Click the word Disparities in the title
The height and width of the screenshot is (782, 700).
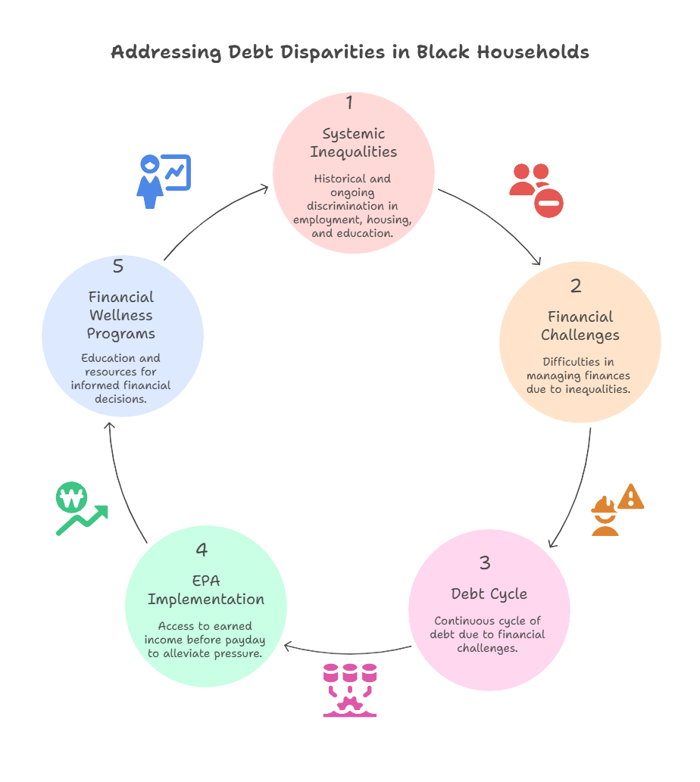(333, 52)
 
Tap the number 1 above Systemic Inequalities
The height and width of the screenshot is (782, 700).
(350, 102)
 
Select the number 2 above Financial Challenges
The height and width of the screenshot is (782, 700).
(576, 285)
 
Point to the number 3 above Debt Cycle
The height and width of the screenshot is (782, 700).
(484, 562)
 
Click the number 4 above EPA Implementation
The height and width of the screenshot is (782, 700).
(201, 550)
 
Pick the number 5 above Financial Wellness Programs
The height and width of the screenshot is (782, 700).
(117, 266)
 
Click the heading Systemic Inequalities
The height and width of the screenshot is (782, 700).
(353, 142)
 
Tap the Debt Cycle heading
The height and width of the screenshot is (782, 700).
(489, 594)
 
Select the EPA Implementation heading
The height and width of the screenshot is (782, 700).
(205, 590)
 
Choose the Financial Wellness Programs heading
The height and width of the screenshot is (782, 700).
(120, 315)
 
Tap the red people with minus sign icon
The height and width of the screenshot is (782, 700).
(536, 191)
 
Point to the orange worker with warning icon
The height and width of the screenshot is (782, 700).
(617, 509)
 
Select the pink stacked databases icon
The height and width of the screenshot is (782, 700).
(350, 690)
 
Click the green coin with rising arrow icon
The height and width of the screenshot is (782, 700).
(82, 509)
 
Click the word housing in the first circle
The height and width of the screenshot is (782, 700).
(389, 220)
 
